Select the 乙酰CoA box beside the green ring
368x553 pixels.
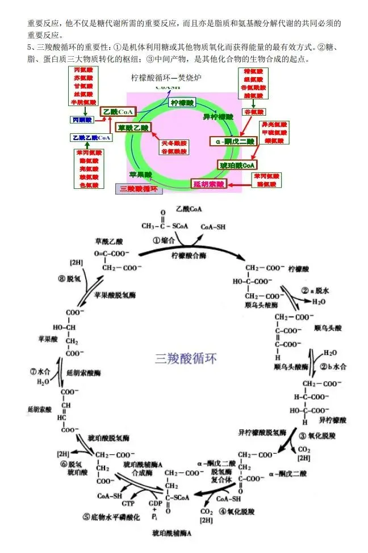tap(118, 112)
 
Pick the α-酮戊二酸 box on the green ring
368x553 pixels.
tap(232, 140)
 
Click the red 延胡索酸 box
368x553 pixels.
tap(210, 184)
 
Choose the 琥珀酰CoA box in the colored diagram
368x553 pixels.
tap(237, 165)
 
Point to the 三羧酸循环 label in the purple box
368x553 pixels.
tap(138, 188)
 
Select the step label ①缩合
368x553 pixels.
tap(163, 240)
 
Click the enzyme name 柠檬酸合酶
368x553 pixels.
tap(187, 255)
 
